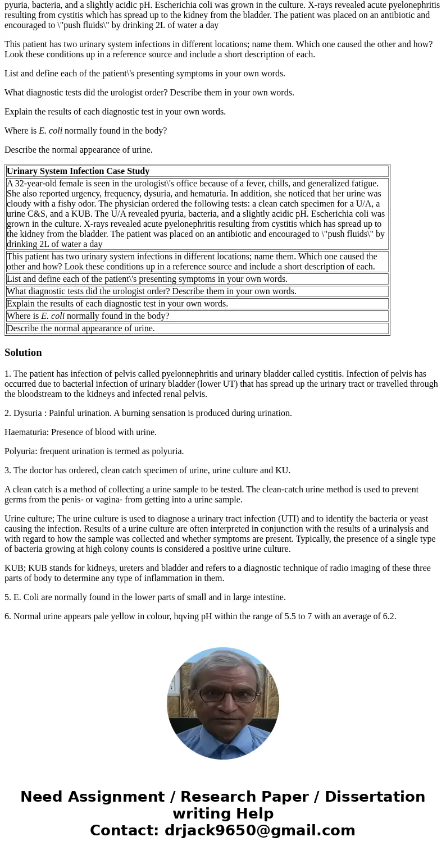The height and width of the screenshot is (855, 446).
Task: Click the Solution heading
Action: point(23,353)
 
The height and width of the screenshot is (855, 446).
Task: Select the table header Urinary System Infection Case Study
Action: point(78,171)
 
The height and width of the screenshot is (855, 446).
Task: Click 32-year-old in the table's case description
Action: point(37,184)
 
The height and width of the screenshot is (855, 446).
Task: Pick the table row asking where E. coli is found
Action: point(88,316)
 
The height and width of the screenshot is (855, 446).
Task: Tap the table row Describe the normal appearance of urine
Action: point(80,328)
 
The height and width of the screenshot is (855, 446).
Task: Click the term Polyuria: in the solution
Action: point(21,451)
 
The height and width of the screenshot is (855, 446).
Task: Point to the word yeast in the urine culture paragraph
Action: point(417,519)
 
